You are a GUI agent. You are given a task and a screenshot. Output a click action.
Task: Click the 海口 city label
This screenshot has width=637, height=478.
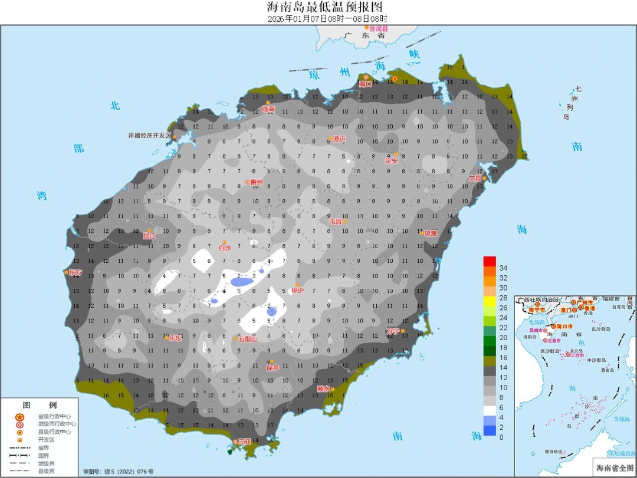(366, 84)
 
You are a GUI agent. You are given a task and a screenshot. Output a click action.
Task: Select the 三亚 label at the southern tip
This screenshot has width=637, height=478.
(245, 441)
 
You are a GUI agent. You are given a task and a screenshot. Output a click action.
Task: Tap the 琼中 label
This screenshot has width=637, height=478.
(298, 289)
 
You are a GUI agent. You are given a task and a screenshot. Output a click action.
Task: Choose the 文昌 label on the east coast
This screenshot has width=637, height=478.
(475, 178)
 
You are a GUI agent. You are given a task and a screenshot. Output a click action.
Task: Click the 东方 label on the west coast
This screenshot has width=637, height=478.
(75, 272)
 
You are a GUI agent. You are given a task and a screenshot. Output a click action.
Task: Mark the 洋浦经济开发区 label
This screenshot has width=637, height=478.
(149, 136)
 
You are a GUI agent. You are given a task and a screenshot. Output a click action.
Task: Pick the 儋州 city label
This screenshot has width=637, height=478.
(256, 182)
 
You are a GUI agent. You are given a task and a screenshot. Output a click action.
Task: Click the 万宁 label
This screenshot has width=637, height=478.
(393, 331)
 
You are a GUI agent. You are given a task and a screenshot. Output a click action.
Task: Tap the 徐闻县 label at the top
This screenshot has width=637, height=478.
(378, 28)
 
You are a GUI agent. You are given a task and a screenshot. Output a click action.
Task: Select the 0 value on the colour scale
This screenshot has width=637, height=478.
(501, 437)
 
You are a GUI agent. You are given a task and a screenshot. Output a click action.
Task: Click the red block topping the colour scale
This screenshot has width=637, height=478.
(489, 261)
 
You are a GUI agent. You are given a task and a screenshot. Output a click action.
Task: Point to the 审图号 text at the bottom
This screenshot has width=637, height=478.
(118, 472)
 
